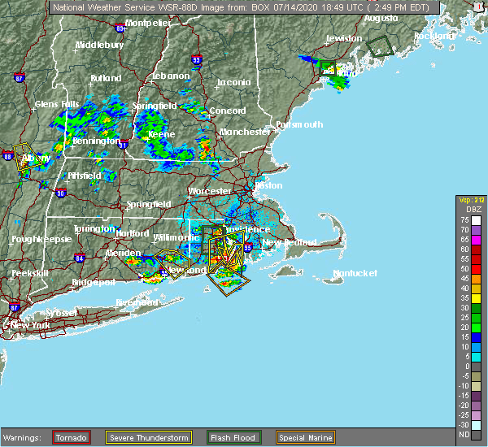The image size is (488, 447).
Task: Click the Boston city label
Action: click(x=268, y=185)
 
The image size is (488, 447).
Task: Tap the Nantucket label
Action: click(x=356, y=274)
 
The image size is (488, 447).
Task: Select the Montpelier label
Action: click(x=148, y=23)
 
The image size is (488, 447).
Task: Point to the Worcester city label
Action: click(x=210, y=191)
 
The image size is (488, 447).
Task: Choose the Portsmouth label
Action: click(x=299, y=124)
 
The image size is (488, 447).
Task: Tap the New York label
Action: click(x=31, y=324)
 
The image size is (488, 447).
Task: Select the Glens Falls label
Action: click(x=57, y=104)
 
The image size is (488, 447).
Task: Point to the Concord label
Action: click(x=228, y=111)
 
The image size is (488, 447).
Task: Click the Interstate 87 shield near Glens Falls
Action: click(x=19, y=80)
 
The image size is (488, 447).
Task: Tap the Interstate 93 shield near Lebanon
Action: click(x=196, y=59)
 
